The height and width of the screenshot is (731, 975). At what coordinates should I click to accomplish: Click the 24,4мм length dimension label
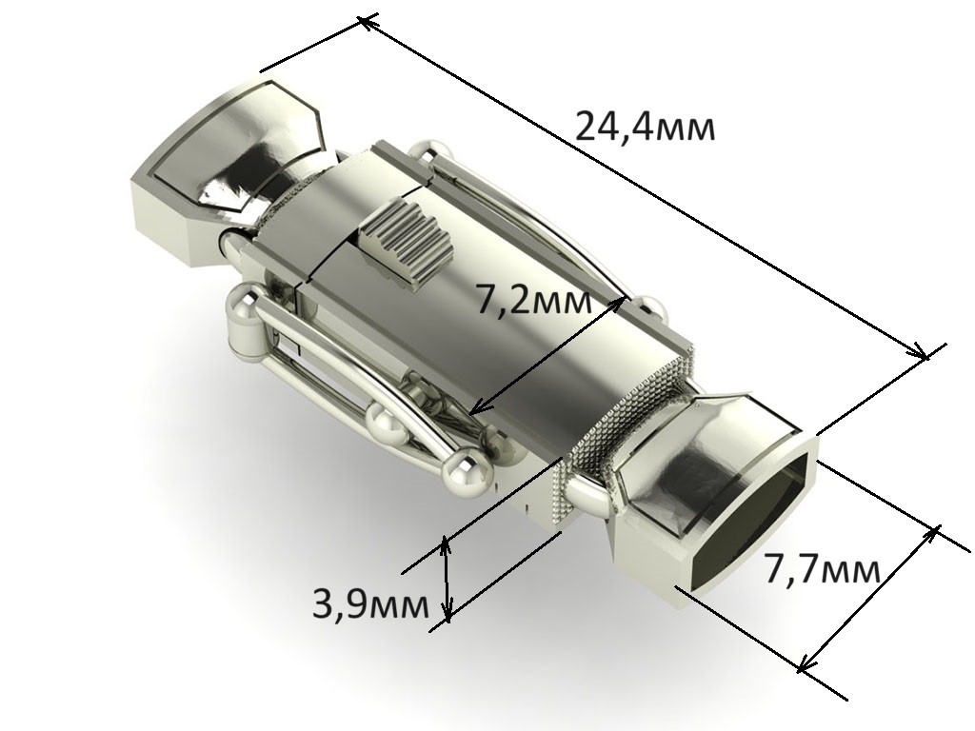click(646, 128)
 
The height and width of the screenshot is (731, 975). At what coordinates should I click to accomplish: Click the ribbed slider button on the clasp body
click(407, 246)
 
